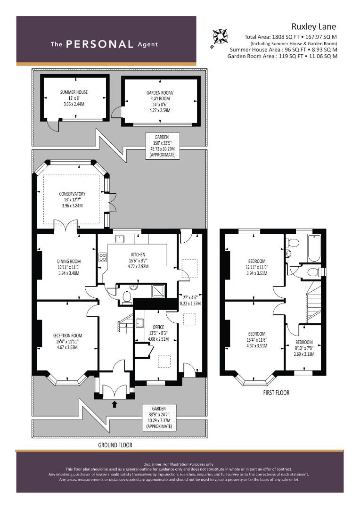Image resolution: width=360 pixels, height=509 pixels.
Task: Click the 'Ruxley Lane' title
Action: point(313,26)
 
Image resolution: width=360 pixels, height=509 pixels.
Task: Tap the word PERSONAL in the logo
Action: point(99,44)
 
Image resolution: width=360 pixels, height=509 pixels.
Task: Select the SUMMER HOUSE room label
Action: point(74,92)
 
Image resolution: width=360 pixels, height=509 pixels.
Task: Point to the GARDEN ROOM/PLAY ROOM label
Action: point(160,95)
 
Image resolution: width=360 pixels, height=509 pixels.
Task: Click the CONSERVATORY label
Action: point(72,194)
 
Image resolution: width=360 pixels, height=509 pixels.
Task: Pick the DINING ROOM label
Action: point(69,261)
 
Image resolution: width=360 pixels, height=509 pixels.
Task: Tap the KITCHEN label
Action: point(138,254)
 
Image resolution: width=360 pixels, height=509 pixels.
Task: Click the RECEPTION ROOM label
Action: point(67,336)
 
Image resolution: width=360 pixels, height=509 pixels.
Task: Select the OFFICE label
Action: point(158,327)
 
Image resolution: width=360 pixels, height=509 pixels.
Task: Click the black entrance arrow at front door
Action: point(115,404)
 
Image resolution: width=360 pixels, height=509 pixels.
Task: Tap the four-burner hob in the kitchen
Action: point(103,257)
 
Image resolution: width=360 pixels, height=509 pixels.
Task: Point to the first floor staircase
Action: point(313,302)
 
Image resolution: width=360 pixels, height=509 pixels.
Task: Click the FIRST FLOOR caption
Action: point(276,393)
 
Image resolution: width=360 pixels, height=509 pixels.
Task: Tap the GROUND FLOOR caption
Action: point(115,445)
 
